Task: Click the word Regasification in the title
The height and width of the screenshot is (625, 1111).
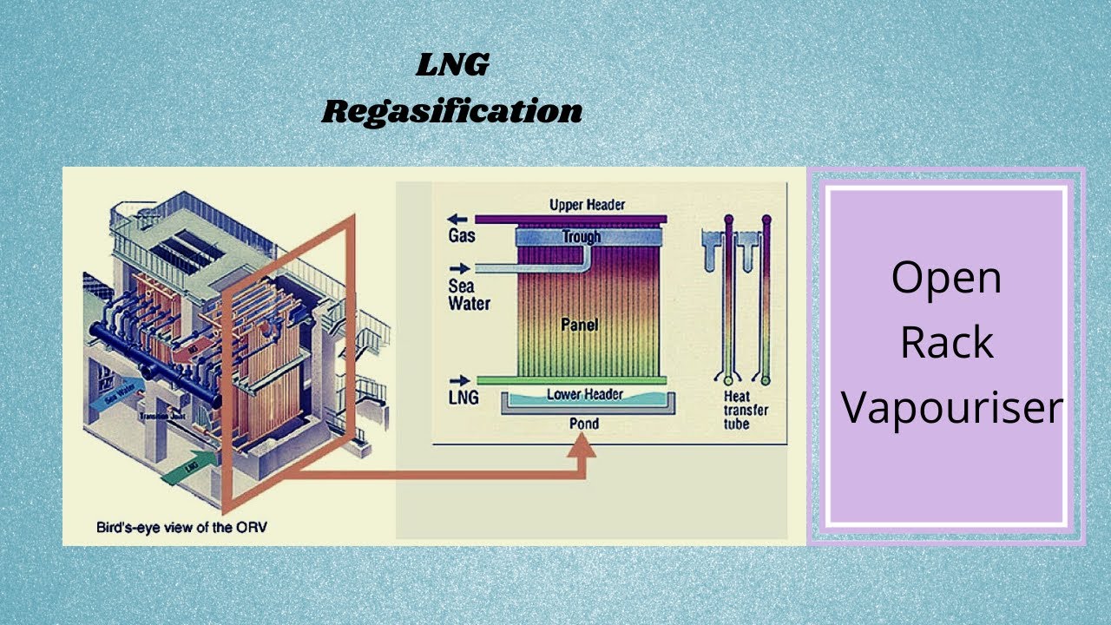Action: pos(451,112)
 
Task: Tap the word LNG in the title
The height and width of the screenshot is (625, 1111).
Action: pos(451,65)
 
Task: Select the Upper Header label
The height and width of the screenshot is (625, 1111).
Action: pos(588,205)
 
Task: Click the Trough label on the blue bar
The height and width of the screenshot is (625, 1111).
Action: pos(581,236)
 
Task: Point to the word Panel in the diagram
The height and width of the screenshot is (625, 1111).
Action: pos(579,325)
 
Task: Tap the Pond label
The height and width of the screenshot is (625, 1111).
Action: pos(583,424)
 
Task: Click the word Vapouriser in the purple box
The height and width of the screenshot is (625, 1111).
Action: pos(952,407)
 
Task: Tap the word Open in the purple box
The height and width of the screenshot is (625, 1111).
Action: pos(946,278)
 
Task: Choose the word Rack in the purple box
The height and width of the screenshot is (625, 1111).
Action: pos(946,343)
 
